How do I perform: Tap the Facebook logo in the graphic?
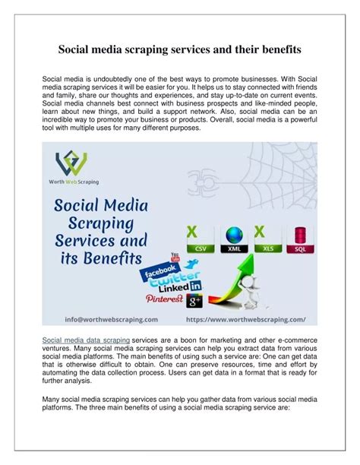point(159,270)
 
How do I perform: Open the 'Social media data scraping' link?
point(86,340)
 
